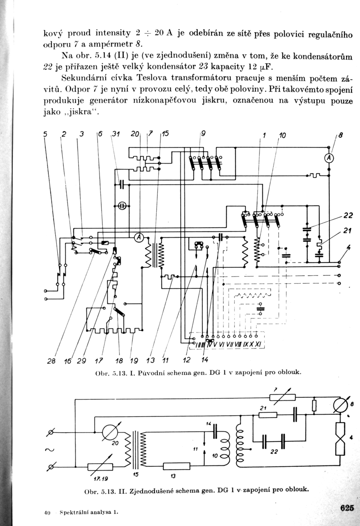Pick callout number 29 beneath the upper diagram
pyautogui.click(x=81, y=361)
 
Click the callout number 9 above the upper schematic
pyautogui.click(x=203, y=133)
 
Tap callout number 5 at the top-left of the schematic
pyautogui.click(x=46, y=134)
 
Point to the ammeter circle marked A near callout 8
pyautogui.click(x=329, y=158)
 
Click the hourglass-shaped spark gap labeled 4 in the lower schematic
pyautogui.click(x=341, y=439)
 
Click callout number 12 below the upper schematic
pyautogui.click(x=186, y=360)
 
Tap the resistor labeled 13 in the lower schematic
pyautogui.click(x=176, y=466)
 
